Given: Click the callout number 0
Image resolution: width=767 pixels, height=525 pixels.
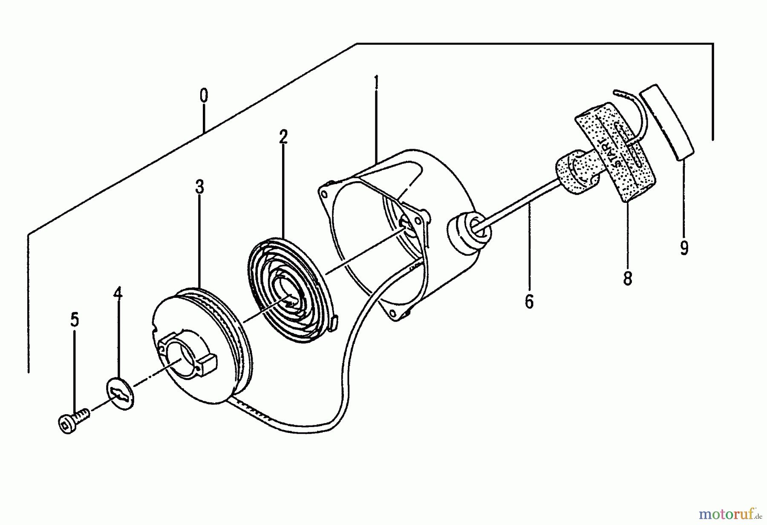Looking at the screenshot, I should coord(204,96).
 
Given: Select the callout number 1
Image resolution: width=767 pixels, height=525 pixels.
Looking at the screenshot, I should coord(376,82).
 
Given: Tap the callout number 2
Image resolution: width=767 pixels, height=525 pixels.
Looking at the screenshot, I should coord(283,137).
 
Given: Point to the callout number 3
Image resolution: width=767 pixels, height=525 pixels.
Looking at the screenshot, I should coord(199,187).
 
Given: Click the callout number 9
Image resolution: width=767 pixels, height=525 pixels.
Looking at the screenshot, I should coord(684,248).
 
